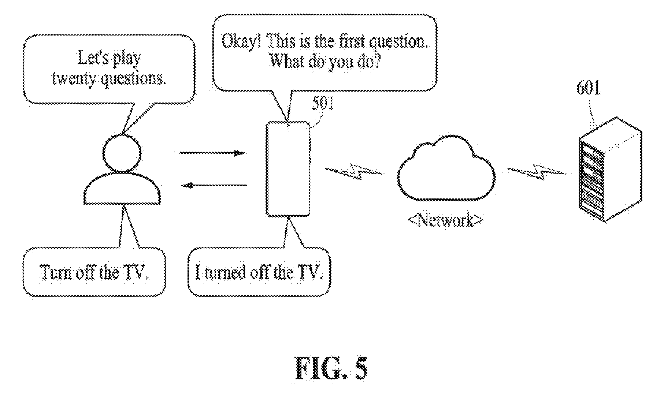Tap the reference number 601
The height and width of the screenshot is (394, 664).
click(589, 89)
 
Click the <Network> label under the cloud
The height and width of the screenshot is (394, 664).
click(445, 220)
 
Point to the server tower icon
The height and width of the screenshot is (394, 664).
click(610, 169)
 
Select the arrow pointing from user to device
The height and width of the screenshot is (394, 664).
click(212, 153)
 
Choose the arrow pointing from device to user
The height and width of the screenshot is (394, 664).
click(215, 186)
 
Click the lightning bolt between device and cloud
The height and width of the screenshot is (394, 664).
click(354, 171)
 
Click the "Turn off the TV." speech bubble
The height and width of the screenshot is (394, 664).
click(94, 272)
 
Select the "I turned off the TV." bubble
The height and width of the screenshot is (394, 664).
click(259, 272)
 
